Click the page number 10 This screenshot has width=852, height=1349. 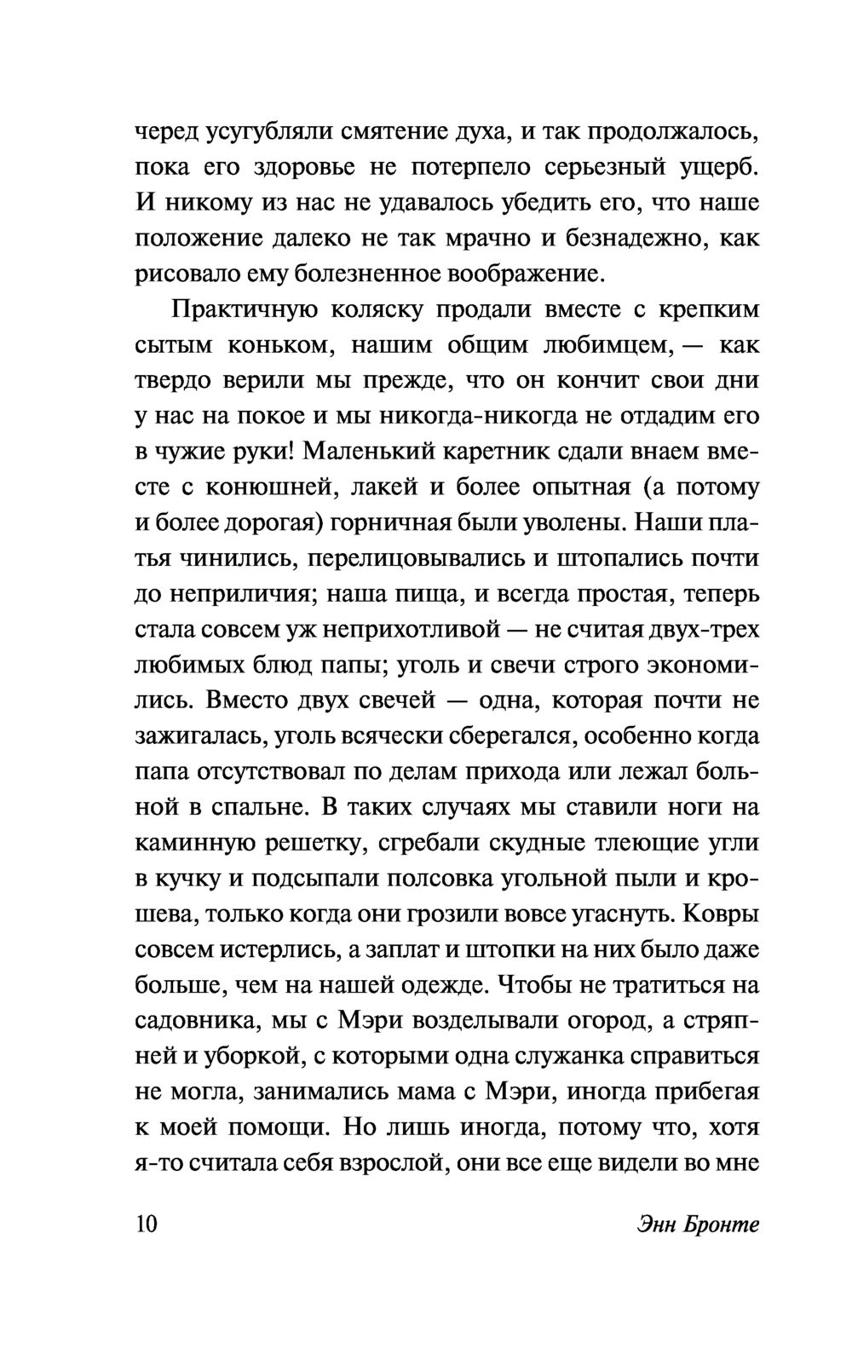click(x=147, y=1225)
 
